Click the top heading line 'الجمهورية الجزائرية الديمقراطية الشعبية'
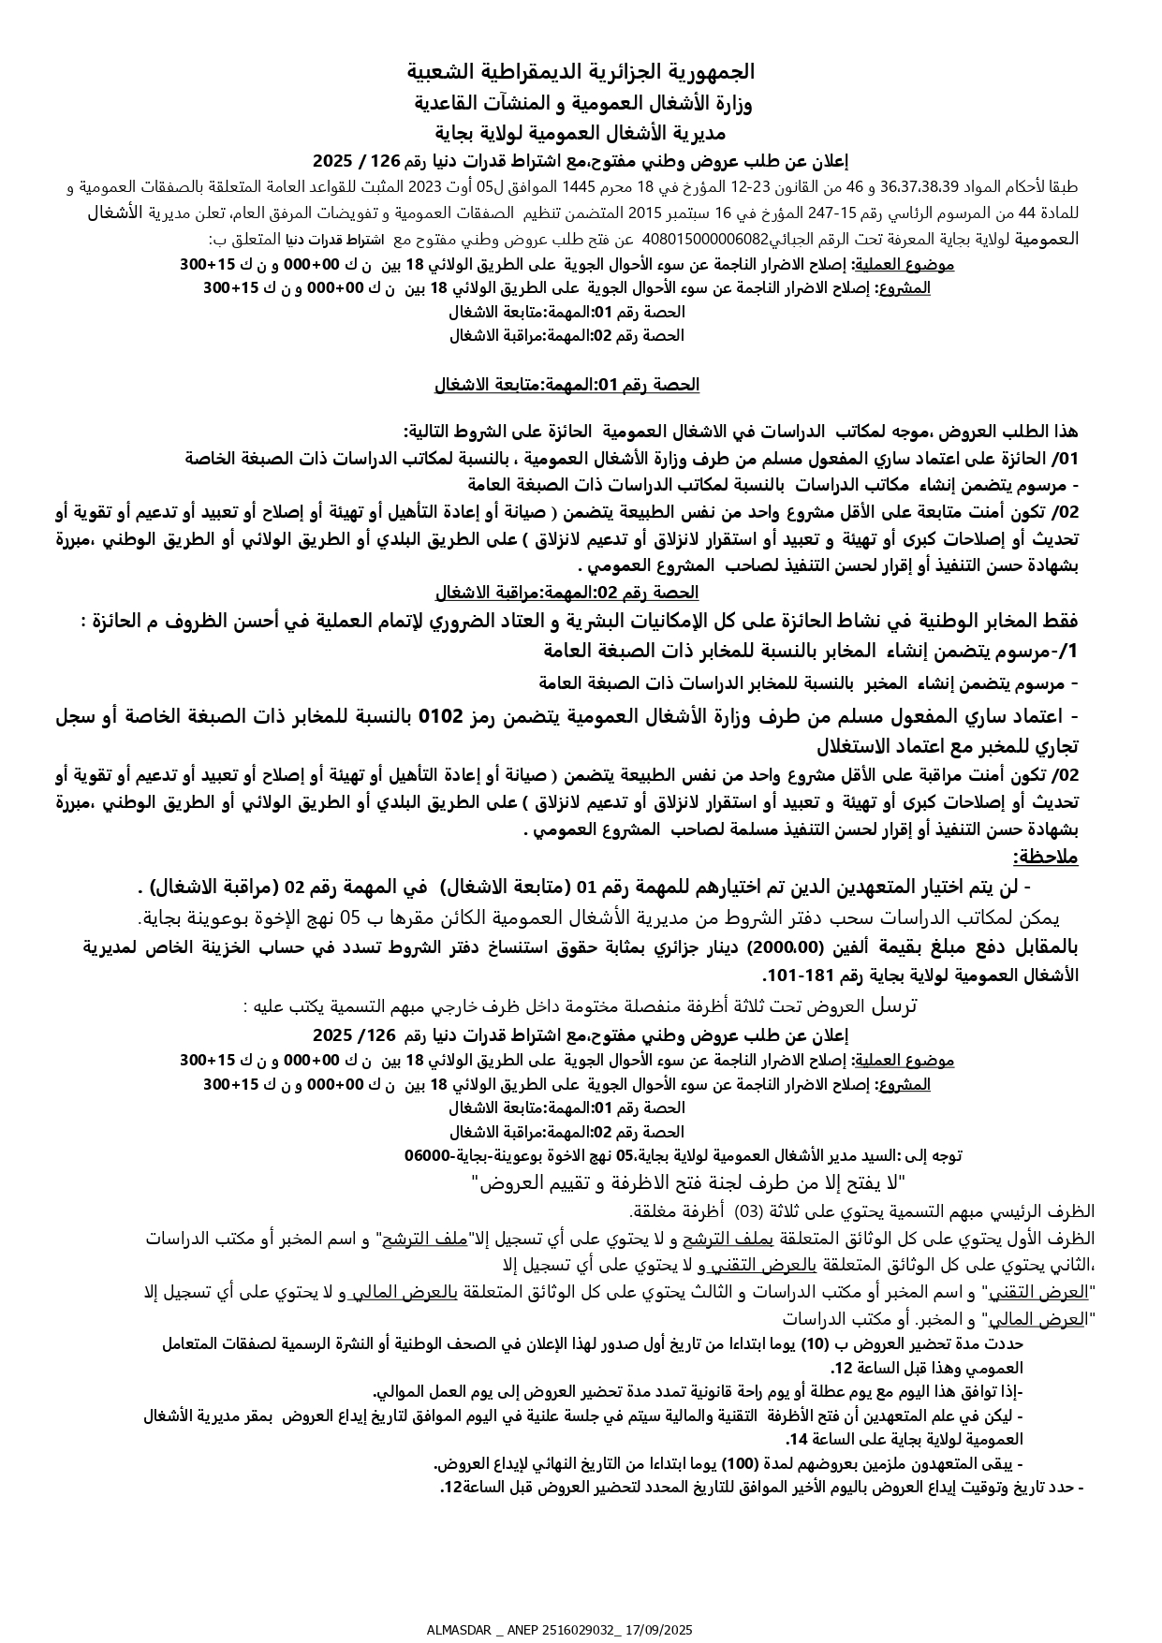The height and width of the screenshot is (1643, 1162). coord(581,72)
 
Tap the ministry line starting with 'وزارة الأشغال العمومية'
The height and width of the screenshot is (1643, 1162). coord(581,102)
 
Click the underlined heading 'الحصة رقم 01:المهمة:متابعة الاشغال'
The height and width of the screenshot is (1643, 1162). coord(566,385)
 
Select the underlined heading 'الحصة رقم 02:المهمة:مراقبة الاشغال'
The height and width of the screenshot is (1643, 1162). coord(566,593)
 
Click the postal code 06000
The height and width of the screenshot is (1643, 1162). coord(429,1156)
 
